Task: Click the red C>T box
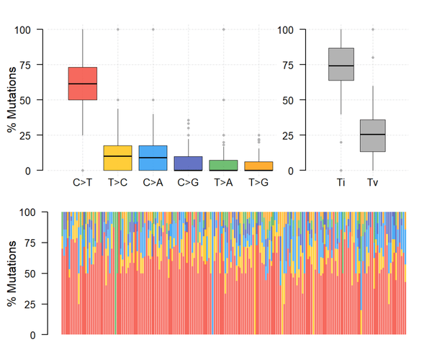point(83,83)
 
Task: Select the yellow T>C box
point(117,158)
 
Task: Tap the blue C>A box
point(153,158)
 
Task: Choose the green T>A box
point(223,165)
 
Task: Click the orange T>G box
point(258,166)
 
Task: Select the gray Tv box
point(372,135)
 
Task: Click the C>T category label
point(83,183)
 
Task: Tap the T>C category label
point(117,183)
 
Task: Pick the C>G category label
point(188,183)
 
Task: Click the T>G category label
point(258,183)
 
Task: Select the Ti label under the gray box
point(341,183)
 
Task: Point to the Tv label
point(372,183)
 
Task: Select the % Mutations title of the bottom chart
point(12,274)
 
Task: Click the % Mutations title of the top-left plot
point(12,100)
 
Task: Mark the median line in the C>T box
point(83,84)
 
